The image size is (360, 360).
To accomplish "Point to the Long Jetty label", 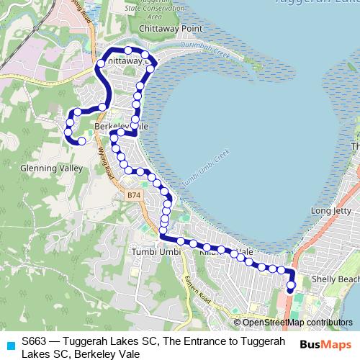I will (330, 211).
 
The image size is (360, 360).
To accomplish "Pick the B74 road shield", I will (133, 195).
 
